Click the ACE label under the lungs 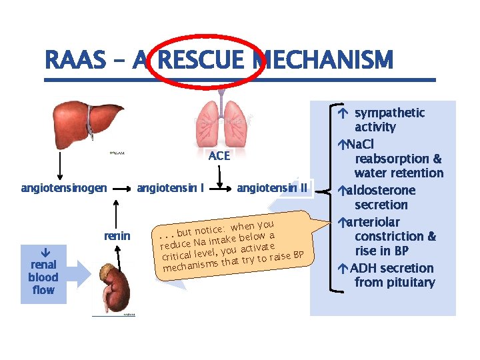pos(219,156)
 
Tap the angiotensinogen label pos(64,188)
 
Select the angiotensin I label pos(170,188)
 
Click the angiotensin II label pos(272,188)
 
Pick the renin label pos(117,235)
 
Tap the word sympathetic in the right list pos(389,113)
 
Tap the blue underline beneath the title pos(240,80)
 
